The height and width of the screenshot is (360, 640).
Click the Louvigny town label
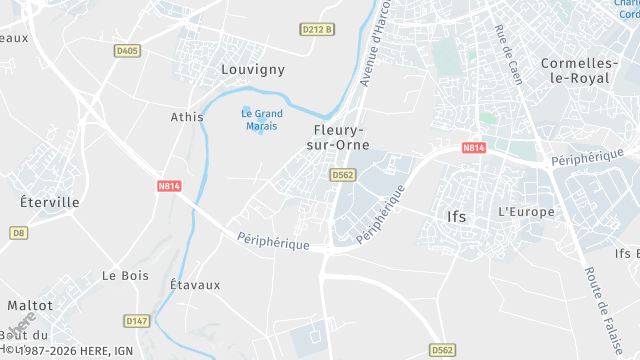click(252, 70)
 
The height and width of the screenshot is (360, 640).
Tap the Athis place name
click(187, 117)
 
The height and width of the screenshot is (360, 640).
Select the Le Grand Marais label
click(262, 119)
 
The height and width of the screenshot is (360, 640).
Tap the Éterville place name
click(50, 201)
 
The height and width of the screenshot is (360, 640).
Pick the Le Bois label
click(125, 275)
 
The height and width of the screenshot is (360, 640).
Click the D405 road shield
click(126, 50)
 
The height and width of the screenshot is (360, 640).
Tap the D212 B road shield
click(318, 30)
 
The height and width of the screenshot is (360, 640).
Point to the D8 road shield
click(18, 233)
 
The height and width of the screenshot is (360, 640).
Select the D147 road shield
click(137, 321)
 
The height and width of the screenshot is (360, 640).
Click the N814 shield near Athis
click(168, 186)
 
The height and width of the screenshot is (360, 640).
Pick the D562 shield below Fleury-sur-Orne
click(343, 174)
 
